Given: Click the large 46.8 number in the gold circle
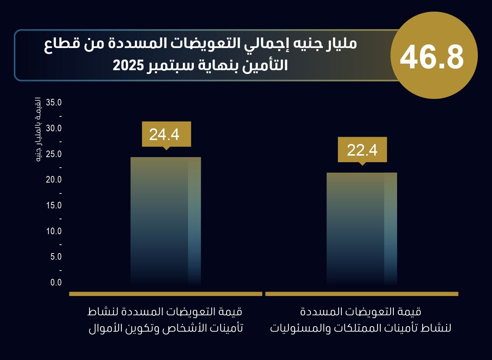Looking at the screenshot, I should coord(432,57).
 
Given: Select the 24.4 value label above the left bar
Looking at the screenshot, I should coord(164,134).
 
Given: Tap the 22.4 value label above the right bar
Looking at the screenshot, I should coord(362,150).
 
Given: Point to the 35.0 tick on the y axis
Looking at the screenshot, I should coord(54,103).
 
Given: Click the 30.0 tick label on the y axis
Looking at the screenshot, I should coord(54,128).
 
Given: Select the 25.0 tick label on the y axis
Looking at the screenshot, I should coord(54,154).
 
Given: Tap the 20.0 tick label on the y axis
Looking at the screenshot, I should coord(54,180).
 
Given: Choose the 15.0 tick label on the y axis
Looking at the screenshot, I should coord(54,205).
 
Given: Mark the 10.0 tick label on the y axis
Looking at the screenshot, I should coord(54,231).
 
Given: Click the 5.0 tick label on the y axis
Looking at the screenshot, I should coord(55,257).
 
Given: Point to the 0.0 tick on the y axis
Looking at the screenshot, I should coord(56,283).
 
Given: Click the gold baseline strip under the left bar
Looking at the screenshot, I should coord(165,294).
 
